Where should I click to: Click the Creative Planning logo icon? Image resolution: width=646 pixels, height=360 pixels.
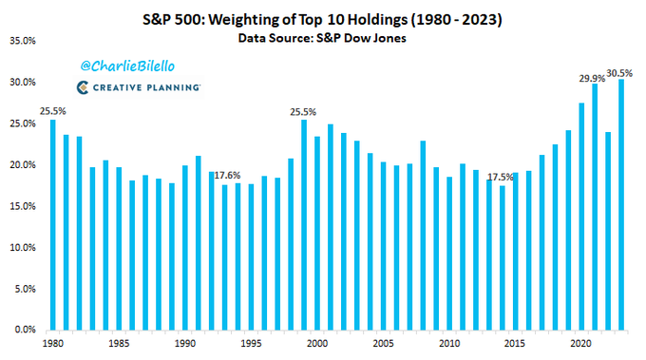[x=83, y=87]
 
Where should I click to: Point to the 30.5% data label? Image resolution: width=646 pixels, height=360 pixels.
[x=621, y=71]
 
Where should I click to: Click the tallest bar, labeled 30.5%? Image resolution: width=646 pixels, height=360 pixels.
[x=621, y=204]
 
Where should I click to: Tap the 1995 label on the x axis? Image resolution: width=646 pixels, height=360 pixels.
[x=251, y=342]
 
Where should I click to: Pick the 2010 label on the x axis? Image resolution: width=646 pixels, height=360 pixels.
[x=449, y=342]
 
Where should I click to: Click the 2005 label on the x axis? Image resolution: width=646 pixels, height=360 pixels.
[x=383, y=342]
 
